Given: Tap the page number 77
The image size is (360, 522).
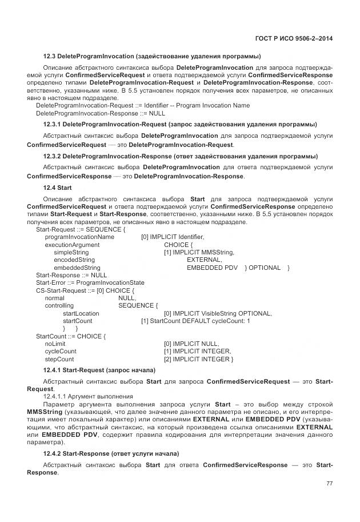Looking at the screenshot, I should click(329, 484).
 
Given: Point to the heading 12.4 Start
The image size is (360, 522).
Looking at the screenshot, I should click(57, 188).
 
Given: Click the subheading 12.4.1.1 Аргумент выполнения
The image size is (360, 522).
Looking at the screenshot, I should click(88, 396).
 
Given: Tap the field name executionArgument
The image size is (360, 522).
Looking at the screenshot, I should click(72, 244).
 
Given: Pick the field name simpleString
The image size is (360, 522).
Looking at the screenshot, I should click(71, 252).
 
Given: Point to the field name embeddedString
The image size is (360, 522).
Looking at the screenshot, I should click(77, 268).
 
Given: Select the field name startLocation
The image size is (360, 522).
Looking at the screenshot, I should click(81, 313).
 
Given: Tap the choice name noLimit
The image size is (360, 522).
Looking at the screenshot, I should click(55, 344).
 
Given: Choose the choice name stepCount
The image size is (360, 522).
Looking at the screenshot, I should click(59, 359).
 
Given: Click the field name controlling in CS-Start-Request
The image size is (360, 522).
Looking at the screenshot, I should click(59, 306).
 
